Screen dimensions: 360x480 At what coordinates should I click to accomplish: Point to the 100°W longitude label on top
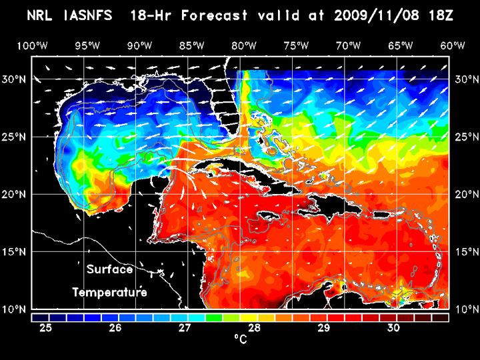click(32, 45)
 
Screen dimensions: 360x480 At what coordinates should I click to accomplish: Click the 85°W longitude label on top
click(191, 45)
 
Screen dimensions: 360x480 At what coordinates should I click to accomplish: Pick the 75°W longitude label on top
click(296, 45)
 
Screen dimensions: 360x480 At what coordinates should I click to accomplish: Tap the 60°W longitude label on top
click(453, 45)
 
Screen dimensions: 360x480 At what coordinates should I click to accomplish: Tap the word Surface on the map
click(110, 270)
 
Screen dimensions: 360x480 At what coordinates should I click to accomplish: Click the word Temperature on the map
click(109, 293)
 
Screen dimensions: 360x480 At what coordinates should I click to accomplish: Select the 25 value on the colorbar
click(47, 328)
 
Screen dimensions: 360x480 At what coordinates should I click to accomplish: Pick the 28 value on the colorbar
click(254, 328)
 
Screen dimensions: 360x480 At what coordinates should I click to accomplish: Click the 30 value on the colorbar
click(393, 328)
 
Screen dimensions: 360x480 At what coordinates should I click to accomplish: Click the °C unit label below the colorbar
click(241, 340)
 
